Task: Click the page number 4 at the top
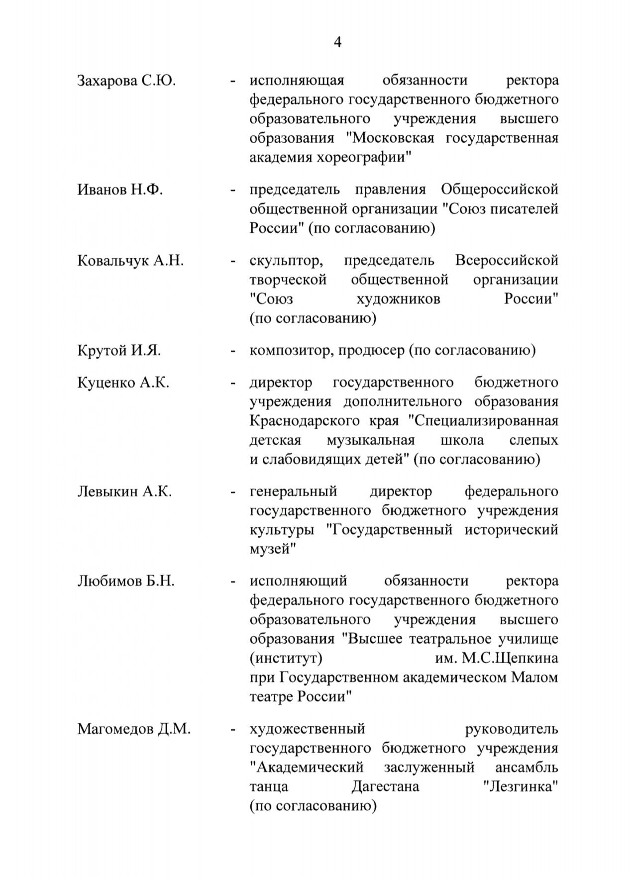337,43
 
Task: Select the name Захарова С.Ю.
126,81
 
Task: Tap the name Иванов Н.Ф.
120,190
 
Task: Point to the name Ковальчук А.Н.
130,261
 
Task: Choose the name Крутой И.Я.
119,351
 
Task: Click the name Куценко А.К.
123,383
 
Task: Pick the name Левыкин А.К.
124,492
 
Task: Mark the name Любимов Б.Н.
126,581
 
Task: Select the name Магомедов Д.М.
134,730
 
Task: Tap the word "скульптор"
284,261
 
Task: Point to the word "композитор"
291,351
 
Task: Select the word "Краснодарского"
304,421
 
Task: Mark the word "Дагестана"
385,787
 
